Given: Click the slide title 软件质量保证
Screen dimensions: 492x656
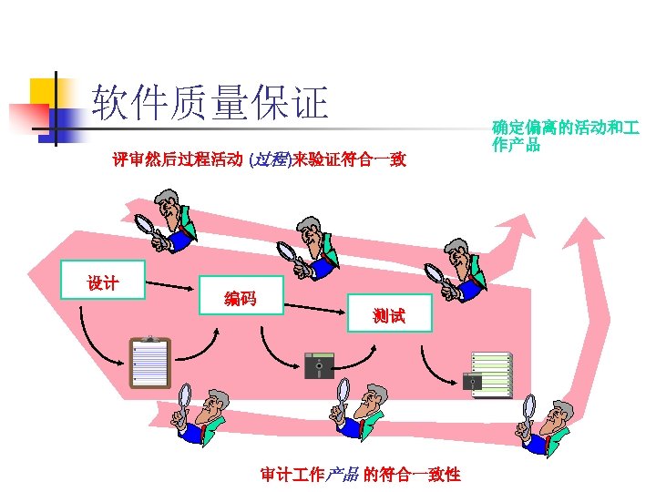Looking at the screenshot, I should [210, 103].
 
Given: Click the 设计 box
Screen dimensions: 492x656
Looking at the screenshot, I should [102, 283].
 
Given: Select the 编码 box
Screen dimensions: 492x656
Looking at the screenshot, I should [241, 298].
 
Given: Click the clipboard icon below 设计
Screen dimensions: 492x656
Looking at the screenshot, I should [149, 363].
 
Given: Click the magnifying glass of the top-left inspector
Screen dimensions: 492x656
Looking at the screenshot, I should [145, 226].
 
